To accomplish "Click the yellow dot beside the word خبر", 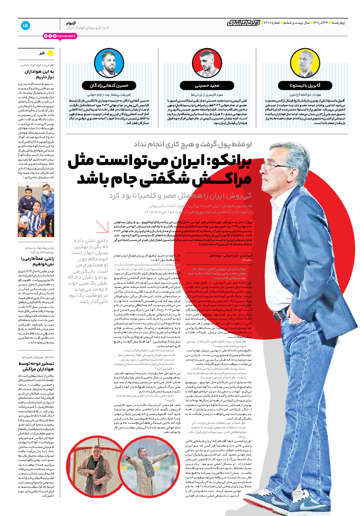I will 50,53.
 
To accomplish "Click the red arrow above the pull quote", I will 102,227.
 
